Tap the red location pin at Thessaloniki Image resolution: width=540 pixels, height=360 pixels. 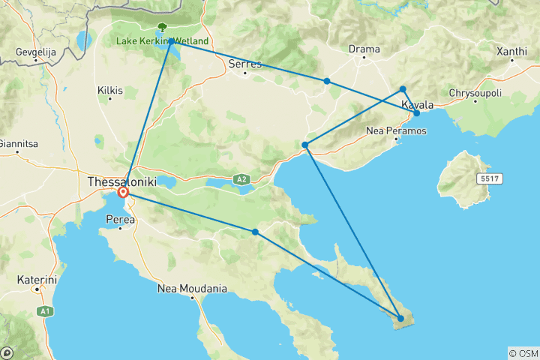(x=124, y=193)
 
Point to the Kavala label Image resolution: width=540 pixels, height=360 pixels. (x=418, y=105)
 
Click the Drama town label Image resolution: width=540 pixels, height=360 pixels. (x=364, y=49)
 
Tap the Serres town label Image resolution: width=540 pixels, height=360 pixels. (x=245, y=64)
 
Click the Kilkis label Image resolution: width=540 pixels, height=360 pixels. (x=109, y=91)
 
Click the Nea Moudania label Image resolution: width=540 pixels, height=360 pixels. (x=192, y=288)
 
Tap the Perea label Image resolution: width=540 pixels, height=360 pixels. (x=121, y=220)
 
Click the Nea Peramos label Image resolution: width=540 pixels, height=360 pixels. (x=396, y=130)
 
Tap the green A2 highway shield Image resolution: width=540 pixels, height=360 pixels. (x=240, y=179)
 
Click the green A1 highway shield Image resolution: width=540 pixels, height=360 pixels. (x=44, y=309)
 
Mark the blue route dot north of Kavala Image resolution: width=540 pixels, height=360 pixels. (x=403, y=88)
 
